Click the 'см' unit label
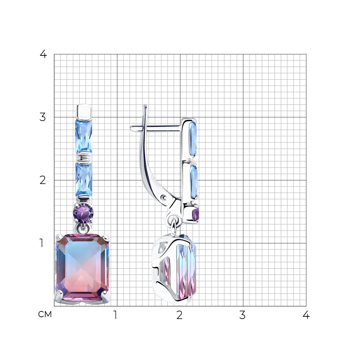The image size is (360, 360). click(x=45, y=314)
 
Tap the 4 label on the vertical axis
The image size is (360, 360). click(x=43, y=54)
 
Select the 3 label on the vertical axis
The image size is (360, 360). click(x=43, y=117)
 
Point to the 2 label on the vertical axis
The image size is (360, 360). click(x=43, y=180)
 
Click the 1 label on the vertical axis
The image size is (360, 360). click(x=41, y=243)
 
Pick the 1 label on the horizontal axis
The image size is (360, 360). click(x=115, y=315)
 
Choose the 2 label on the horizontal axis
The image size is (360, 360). click(x=180, y=315)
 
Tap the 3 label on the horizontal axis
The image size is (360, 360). click(x=242, y=315)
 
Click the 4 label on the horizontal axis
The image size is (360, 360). click(x=306, y=315)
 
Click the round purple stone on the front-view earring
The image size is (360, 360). click(x=83, y=213)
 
